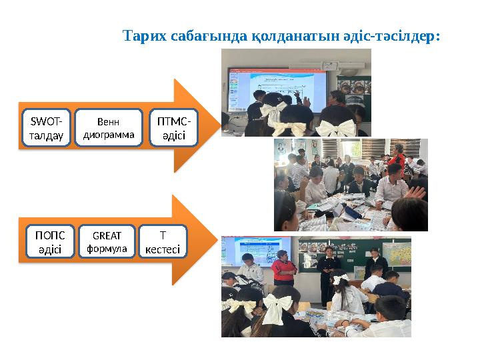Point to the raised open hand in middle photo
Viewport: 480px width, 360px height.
pyautogui.click(x=417, y=192)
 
